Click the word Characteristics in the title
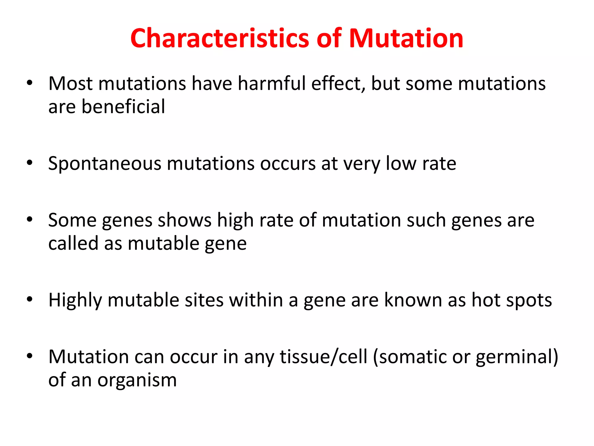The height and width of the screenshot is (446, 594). [220, 38]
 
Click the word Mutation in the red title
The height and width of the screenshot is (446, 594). [406, 38]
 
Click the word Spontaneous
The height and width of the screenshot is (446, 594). [104, 164]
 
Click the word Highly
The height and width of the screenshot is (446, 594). [75, 300]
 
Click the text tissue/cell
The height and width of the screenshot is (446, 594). [323, 357]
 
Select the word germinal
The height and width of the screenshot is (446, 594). [514, 357]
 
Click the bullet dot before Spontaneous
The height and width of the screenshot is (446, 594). [30, 163]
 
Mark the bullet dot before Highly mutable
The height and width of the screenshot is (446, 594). [30, 299]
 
